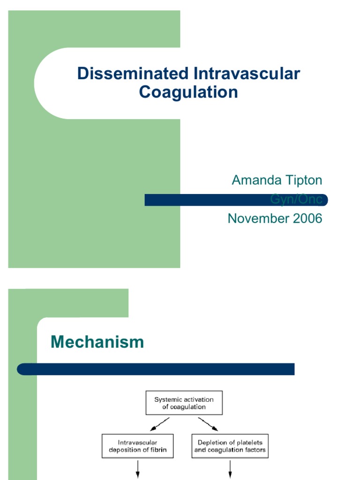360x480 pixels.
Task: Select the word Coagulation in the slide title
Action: [x=188, y=92]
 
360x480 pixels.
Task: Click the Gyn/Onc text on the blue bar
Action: [x=296, y=199]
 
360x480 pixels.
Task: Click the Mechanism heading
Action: [x=97, y=342]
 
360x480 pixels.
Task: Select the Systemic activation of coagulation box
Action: [x=184, y=403]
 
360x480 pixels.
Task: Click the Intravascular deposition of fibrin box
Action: [x=137, y=446]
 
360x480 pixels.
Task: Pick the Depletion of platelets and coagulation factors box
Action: [x=230, y=446]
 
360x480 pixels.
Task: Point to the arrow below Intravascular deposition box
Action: [x=138, y=469]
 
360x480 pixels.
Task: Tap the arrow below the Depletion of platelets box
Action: [x=230, y=469]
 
